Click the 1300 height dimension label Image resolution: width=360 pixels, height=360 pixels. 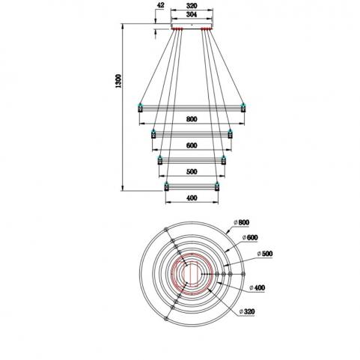coord(118,81)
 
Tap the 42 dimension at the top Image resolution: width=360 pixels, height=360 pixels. coord(161,5)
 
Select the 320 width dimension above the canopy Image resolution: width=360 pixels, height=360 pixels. coord(192,6)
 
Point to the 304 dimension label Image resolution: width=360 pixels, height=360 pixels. coord(192,14)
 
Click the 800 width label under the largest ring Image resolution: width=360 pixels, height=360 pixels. coord(192,119)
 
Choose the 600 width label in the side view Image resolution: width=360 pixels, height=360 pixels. coord(192,145)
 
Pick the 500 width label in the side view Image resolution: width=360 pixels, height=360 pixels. coord(192,171)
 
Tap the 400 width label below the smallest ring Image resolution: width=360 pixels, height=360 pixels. coord(192,198)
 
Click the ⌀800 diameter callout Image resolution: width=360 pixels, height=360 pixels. coord(242,222)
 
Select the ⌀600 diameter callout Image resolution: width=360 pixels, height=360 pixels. coord(250,237)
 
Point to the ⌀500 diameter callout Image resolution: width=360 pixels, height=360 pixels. coord(265,254)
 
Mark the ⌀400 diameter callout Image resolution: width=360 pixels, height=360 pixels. coord(257,287)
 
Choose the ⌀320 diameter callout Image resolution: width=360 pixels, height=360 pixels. coord(247,311)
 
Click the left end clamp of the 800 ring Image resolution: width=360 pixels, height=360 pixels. coord(140,108)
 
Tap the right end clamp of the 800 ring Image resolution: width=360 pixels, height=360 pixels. coord(243,108)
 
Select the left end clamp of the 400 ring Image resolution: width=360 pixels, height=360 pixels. coord(166,186)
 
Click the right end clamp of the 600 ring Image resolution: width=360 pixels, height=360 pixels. coord(230,134)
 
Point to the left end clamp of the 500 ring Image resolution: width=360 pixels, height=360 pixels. coord(160,160)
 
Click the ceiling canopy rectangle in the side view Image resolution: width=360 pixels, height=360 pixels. coord(192,25)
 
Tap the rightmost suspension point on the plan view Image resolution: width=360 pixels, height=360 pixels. coord(243,274)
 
